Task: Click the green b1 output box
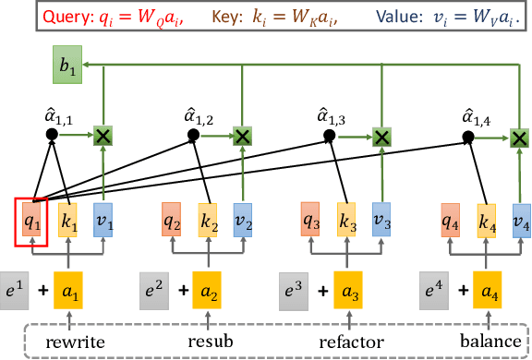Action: (66, 67)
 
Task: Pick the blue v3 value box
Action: (381, 222)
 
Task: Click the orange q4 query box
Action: (450, 222)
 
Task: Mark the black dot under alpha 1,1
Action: (53, 136)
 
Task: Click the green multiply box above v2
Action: (242, 136)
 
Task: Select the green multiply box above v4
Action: (519, 137)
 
